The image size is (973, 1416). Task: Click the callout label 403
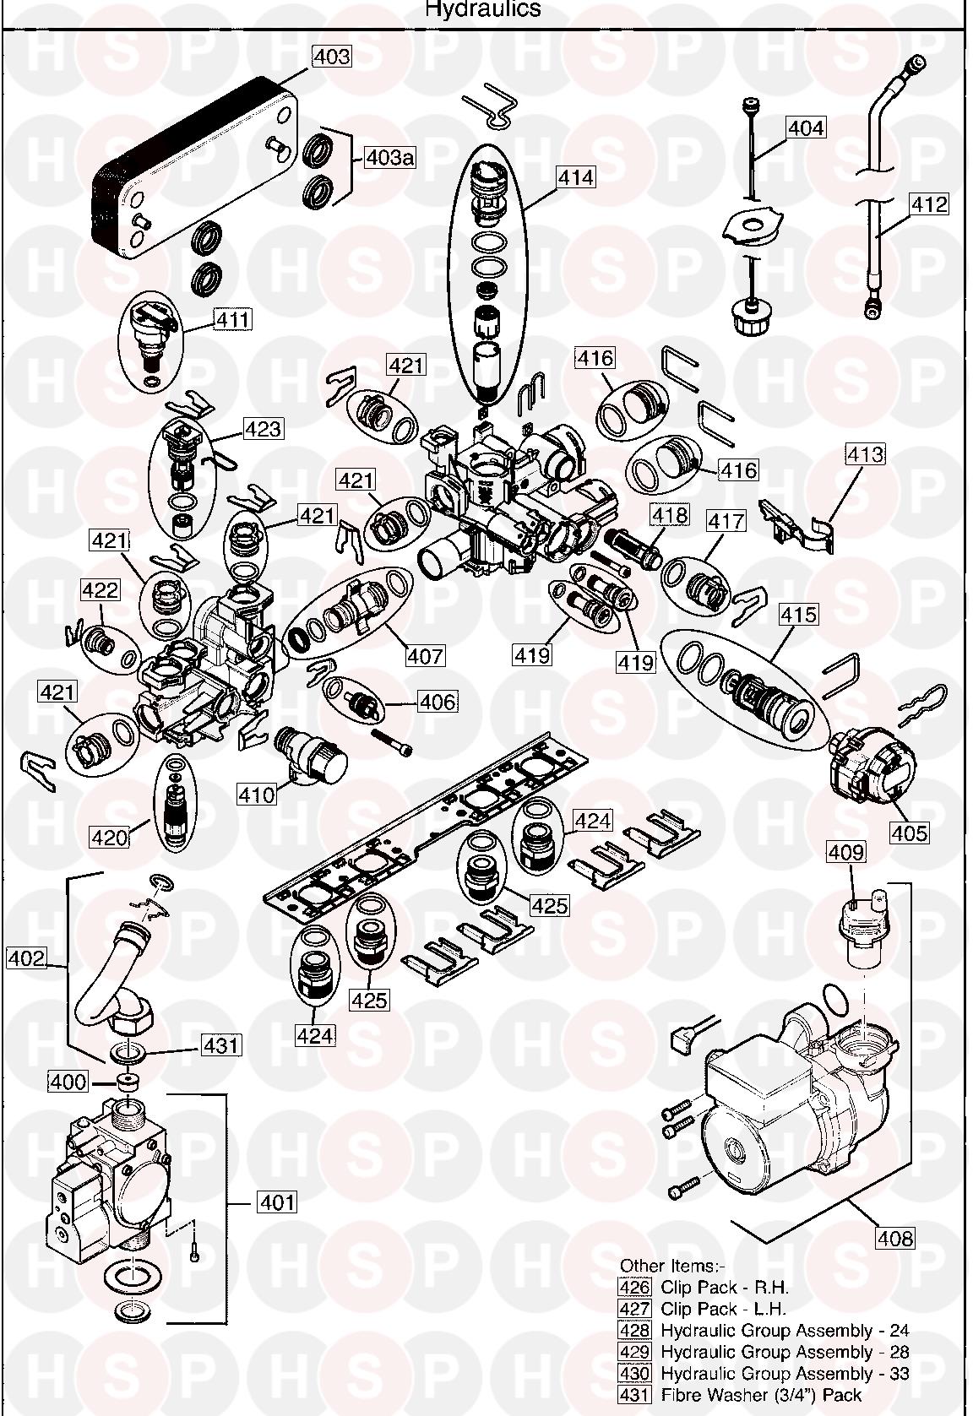[x=331, y=57]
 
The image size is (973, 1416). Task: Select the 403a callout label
[x=389, y=158]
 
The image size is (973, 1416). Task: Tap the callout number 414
[x=575, y=178]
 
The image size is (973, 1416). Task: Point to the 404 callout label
[x=806, y=128]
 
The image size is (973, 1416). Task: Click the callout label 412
[x=928, y=204]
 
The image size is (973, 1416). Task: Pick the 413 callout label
[x=866, y=454]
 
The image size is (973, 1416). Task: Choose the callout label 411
[x=232, y=320]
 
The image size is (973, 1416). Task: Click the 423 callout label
[x=263, y=429]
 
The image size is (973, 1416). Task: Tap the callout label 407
[x=425, y=655]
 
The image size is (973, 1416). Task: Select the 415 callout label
[x=798, y=614]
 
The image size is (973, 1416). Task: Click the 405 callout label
[x=910, y=833]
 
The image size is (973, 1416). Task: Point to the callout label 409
[x=845, y=853]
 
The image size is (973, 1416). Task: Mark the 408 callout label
[x=895, y=1239]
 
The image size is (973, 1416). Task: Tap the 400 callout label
[x=68, y=1082]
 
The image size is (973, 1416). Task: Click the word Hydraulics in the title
[x=482, y=10]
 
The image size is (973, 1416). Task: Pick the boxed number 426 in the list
[x=635, y=1288]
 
